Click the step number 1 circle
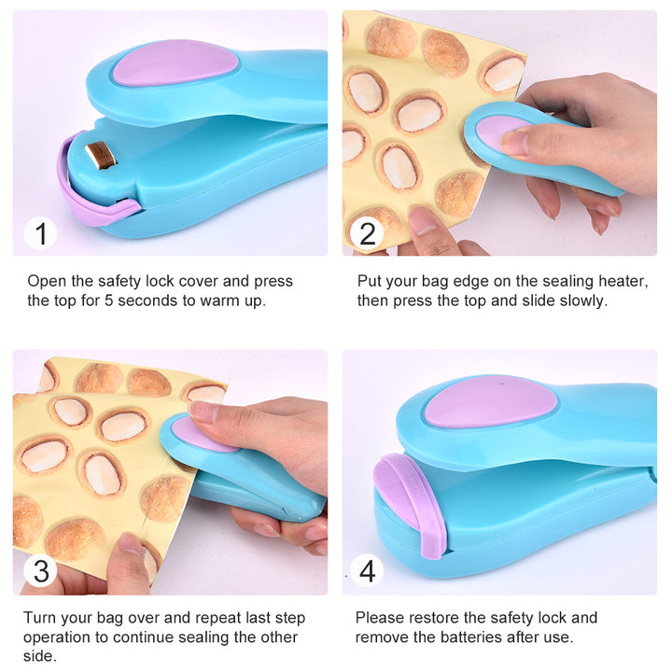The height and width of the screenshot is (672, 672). (x=40, y=232)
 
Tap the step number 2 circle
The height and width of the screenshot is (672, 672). (x=368, y=232)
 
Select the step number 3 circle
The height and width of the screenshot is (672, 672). (x=40, y=570)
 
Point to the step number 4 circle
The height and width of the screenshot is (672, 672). (x=368, y=570)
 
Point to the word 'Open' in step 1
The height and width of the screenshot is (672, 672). (x=47, y=281)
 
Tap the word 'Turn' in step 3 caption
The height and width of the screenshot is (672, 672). (x=42, y=618)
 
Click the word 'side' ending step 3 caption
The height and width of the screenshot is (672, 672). (x=39, y=657)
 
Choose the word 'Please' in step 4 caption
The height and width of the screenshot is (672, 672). (x=379, y=618)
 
